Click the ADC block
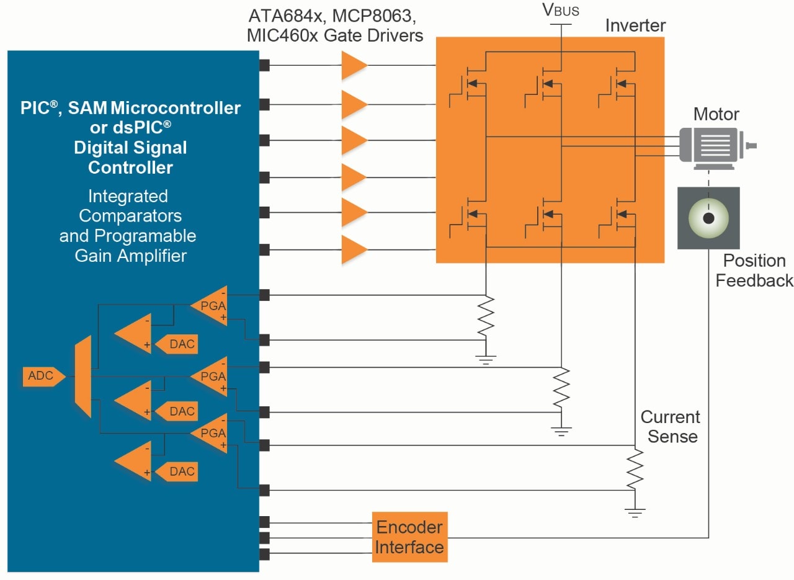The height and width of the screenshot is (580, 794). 43,376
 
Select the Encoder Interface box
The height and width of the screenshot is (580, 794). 409,537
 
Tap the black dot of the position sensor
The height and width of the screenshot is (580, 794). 708,218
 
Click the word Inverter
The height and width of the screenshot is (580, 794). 635,25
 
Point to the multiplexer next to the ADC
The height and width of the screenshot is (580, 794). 83,377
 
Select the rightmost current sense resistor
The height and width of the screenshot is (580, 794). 635,470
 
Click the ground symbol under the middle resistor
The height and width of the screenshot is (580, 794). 561,430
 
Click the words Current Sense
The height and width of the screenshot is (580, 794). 669,427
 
